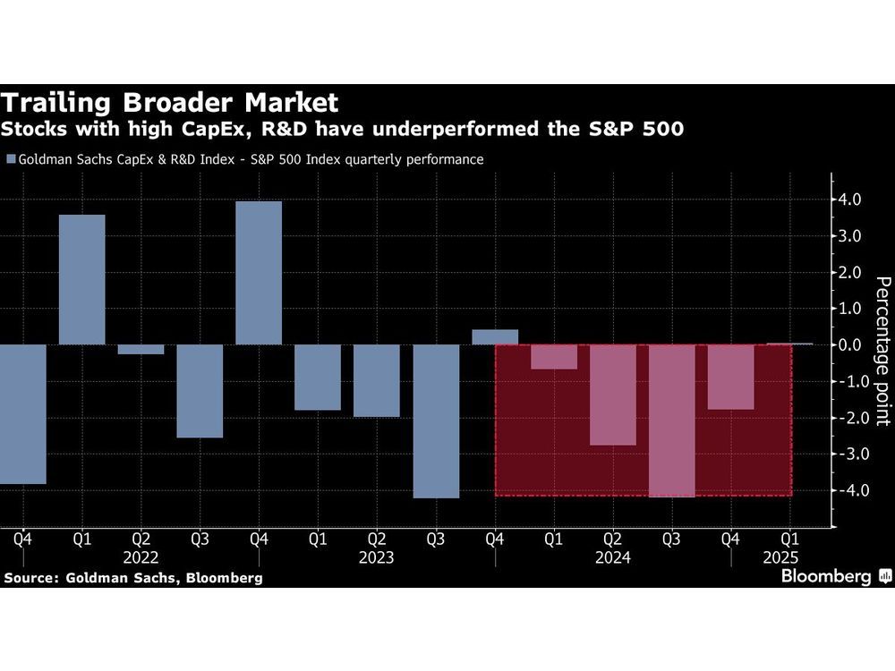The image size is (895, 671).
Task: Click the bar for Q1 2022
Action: pyautogui.click(x=81, y=279)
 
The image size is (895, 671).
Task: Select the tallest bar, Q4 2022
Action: pyautogui.click(x=259, y=273)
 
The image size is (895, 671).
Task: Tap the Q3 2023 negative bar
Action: pyautogui.click(x=436, y=420)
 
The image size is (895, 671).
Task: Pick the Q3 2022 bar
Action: pyautogui.click(x=200, y=391)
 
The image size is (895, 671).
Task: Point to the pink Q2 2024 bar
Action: pyautogui.click(x=613, y=395)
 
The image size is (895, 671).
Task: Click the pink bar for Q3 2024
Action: pyautogui.click(x=672, y=420)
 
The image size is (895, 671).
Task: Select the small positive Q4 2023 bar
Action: pyautogui.click(x=495, y=337)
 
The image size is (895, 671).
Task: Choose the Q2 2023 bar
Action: pyautogui.click(x=377, y=380)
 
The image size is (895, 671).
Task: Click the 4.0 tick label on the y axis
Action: pyautogui.click(x=849, y=200)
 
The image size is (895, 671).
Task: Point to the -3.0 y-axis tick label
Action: pyautogui.click(x=847, y=454)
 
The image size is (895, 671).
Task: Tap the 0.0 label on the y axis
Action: pyautogui.click(x=849, y=344)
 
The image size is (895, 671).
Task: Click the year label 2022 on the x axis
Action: pyautogui.click(x=141, y=557)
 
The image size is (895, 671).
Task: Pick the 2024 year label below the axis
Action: pyautogui.click(x=613, y=557)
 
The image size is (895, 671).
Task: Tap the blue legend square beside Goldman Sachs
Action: pyautogui.click(x=11, y=160)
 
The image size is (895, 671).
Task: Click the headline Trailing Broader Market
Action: pyautogui.click(x=170, y=101)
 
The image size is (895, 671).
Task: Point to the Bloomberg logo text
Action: pyautogui.click(x=826, y=577)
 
